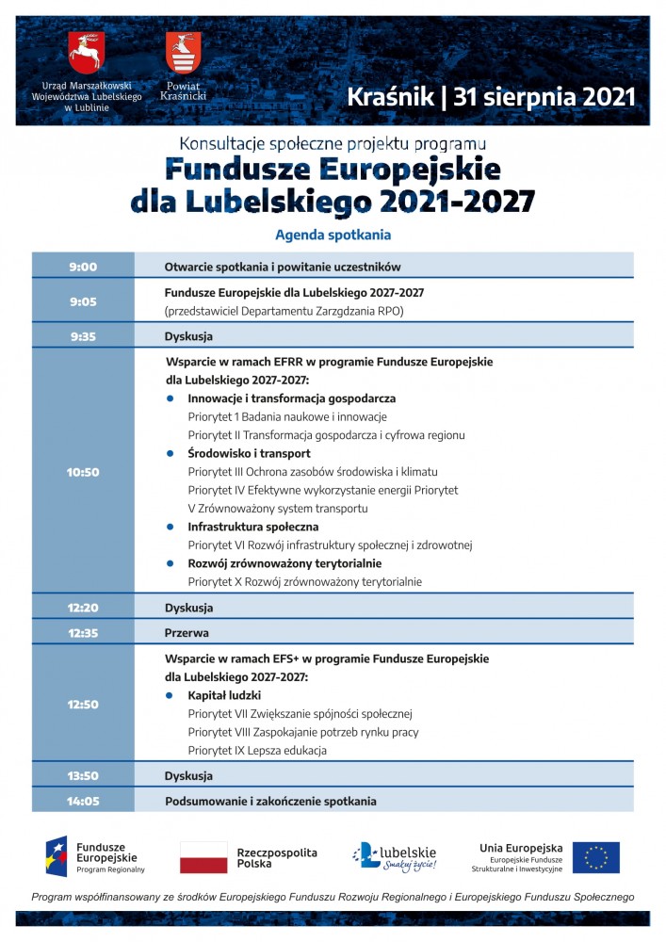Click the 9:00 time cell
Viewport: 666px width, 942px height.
[x=83, y=267]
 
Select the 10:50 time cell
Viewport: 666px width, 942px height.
[x=83, y=472]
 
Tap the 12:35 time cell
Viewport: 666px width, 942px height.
[x=83, y=633]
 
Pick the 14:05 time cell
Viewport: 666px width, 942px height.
[x=83, y=802]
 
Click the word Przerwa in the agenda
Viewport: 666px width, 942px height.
[x=187, y=633]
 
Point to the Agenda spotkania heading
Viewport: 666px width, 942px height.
[x=333, y=235]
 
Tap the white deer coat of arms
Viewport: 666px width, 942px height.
[x=86, y=53]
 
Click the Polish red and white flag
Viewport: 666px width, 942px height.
[x=203, y=857]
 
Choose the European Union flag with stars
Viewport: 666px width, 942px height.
[x=596, y=857]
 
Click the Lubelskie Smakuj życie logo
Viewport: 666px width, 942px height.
[x=395, y=856]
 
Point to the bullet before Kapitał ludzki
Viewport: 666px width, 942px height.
[x=170, y=695]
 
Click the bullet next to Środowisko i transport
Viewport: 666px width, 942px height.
[x=170, y=453]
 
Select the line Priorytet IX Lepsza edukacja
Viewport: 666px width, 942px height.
[x=256, y=751]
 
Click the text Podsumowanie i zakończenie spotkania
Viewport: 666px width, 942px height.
[x=270, y=802]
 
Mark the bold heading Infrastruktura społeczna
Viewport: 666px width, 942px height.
[x=252, y=527]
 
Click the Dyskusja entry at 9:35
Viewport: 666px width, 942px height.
[x=188, y=336]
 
